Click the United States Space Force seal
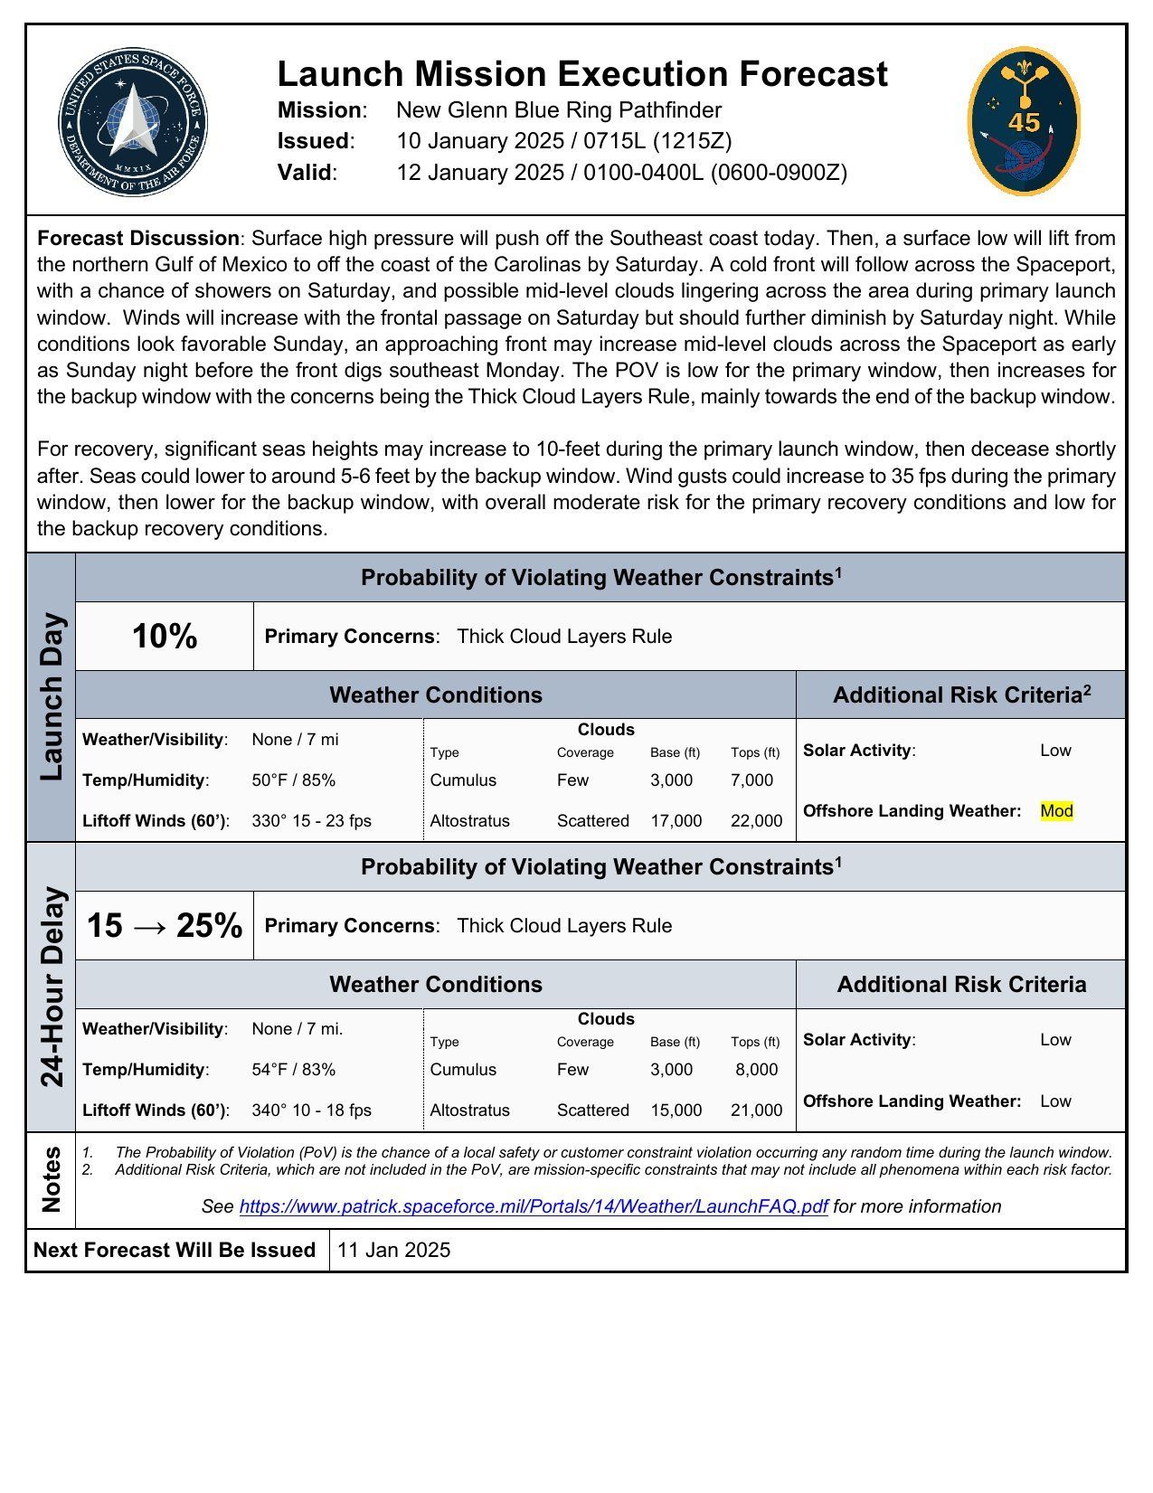pos(133,122)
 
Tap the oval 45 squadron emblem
pos(1024,121)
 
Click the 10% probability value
pos(165,637)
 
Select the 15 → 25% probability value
pos(165,926)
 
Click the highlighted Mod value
pos(1056,811)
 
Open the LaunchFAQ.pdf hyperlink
pos(534,1207)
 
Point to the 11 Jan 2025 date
pos(393,1251)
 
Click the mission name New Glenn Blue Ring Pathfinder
pos(559,110)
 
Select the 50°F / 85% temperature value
pos(294,780)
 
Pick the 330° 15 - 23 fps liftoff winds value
pos(312,821)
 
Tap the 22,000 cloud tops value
pos(756,821)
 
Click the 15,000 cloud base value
pos(676,1110)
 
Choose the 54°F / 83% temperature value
pos(294,1070)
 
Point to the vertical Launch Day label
pos(52,697)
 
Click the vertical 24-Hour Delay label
pos(52,987)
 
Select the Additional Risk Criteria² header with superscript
pos(961,695)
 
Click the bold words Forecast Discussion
pos(138,239)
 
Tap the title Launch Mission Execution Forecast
pos(582,74)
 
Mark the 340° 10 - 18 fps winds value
pos(312,1110)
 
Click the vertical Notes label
pos(52,1179)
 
